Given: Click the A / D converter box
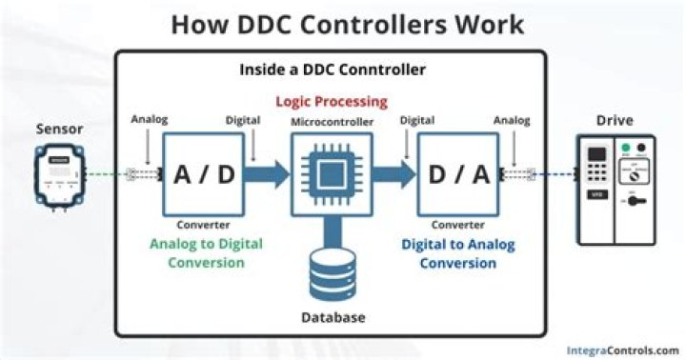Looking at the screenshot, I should [203, 175].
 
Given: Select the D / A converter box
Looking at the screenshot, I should [458, 175].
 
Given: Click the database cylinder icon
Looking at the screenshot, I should [331, 270].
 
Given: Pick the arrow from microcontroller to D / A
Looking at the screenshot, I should [393, 175].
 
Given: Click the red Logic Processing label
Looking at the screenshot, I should [331, 101].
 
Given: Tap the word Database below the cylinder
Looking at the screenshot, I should [331, 316].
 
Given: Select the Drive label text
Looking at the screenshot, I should [615, 121].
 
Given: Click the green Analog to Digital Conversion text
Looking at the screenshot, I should [205, 252].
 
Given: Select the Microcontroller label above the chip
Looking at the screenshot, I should [331, 121].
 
